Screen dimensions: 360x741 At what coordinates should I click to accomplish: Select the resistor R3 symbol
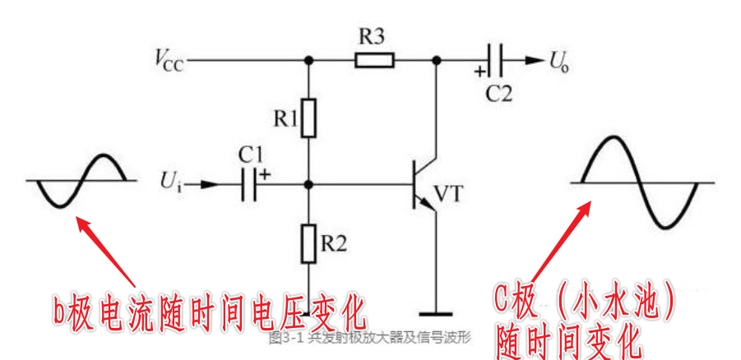pyautogui.click(x=374, y=59)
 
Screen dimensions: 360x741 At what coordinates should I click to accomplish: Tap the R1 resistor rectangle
pyautogui.click(x=308, y=118)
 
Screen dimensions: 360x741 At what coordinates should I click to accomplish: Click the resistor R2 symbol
pyautogui.click(x=308, y=243)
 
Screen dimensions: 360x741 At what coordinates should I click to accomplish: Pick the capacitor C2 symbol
pyautogui.click(x=497, y=59)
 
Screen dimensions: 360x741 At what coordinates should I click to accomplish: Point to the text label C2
pyautogui.click(x=498, y=92)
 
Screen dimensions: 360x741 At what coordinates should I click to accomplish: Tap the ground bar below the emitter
pyautogui.click(x=436, y=312)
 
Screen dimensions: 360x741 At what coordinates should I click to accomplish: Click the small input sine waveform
pyautogui.click(x=76, y=181)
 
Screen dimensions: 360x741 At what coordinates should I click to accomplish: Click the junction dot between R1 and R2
pyautogui.click(x=308, y=185)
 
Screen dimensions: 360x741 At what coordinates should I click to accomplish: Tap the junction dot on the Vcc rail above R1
pyautogui.click(x=308, y=59)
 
